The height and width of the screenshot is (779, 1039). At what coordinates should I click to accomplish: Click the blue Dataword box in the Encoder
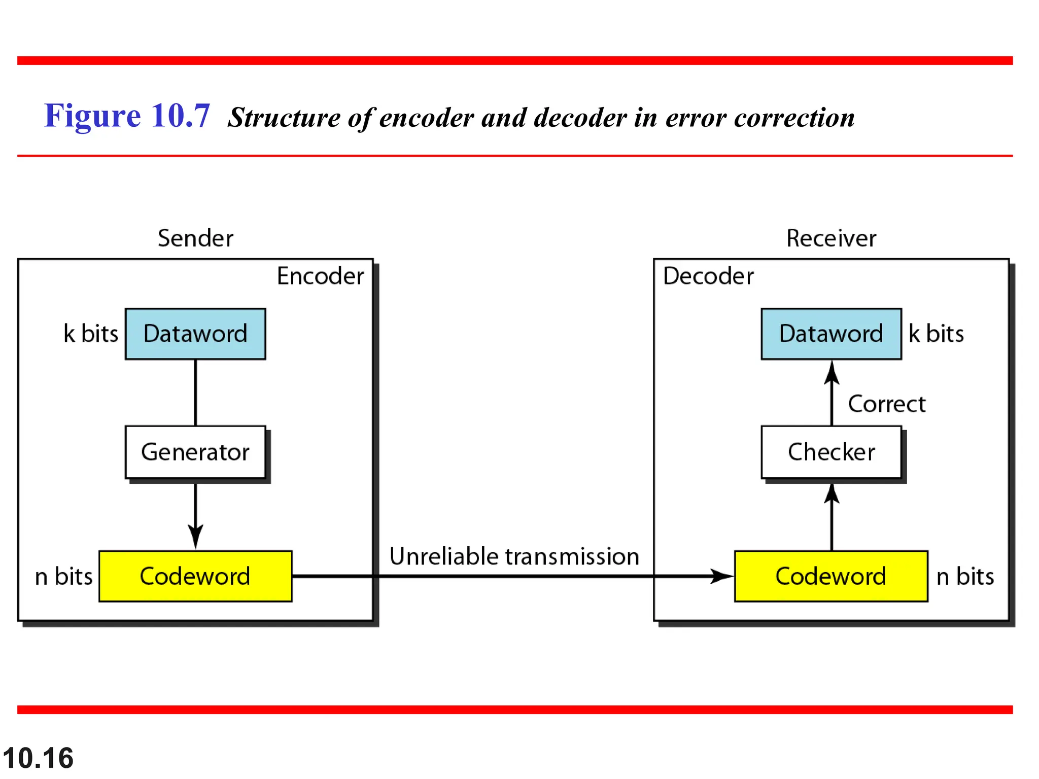195,334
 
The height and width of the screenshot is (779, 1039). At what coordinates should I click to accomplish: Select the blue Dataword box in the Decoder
831,334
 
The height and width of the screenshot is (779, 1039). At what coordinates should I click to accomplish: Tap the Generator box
195,452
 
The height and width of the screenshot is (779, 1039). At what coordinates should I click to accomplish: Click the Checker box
831,452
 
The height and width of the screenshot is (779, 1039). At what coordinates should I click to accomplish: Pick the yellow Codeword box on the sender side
195,576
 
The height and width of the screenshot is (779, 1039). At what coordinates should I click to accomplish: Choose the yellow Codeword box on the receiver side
831,576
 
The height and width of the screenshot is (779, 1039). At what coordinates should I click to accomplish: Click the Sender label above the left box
195,238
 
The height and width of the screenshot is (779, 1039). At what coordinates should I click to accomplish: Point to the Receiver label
831,238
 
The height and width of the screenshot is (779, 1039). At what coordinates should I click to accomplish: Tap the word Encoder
320,276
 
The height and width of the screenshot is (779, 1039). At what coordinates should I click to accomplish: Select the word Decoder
708,276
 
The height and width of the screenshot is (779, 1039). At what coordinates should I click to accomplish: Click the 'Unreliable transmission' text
514,556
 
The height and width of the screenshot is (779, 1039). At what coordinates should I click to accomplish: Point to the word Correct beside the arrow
887,404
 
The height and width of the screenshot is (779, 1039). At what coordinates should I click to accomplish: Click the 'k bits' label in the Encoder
91,334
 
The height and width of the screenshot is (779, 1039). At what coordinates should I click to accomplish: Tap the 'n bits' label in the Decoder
965,577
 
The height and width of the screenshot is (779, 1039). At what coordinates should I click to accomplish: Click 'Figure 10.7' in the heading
127,116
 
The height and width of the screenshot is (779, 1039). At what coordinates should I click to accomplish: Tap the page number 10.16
38,758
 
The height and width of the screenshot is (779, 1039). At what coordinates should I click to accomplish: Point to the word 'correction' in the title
794,118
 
